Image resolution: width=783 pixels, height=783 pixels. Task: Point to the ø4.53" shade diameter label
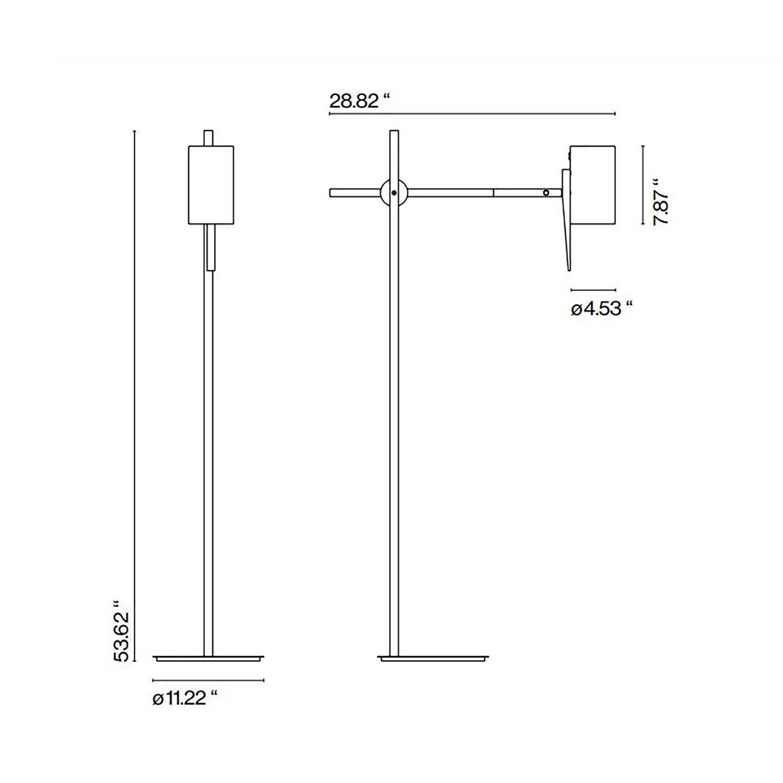tap(602, 309)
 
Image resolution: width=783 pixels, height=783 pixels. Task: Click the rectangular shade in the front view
tap(211, 184)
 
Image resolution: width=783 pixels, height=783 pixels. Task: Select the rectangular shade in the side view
tap(593, 184)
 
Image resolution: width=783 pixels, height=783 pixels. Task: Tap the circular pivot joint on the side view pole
tap(394, 192)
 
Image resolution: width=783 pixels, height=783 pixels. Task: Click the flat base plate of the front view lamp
tap(209, 658)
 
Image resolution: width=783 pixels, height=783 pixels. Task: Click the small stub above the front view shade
tap(209, 138)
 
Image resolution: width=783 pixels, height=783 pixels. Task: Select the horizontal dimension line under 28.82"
tap(471, 114)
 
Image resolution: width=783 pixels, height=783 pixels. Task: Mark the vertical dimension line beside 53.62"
tap(134, 396)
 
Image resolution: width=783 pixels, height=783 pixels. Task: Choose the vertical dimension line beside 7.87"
tap(643, 184)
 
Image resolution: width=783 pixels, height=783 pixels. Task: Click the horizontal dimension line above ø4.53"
tap(593, 290)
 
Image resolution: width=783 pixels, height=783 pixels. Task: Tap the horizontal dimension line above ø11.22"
tap(209, 680)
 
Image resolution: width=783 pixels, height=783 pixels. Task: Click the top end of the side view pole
tap(394, 132)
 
